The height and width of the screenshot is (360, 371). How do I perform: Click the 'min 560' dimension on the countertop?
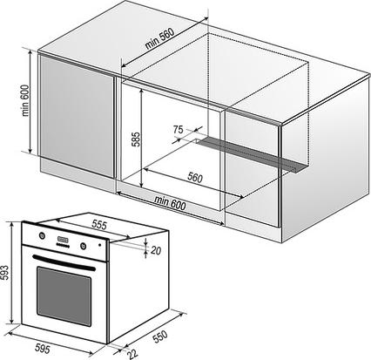(x=159, y=38)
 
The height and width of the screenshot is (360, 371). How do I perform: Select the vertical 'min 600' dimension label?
(x=25, y=100)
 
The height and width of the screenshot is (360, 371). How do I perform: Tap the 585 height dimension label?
(x=136, y=139)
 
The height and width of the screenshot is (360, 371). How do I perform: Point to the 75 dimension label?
(x=179, y=129)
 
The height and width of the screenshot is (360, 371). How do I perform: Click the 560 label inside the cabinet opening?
(x=195, y=177)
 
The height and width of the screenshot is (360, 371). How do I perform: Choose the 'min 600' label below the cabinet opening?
(x=170, y=203)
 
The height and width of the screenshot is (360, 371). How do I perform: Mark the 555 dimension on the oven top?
(x=99, y=224)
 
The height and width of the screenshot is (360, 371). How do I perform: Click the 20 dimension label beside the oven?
(x=156, y=250)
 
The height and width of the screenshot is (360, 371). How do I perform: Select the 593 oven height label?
(x=4, y=272)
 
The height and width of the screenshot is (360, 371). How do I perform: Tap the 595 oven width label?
(x=43, y=348)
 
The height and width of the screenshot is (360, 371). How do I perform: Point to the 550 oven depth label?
(x=160, y=336)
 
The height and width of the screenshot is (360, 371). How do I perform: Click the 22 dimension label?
(x=132, y=353)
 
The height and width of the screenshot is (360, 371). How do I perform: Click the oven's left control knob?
(x=42, y=235)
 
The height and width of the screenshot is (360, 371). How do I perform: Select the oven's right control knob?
(x=84, y=246)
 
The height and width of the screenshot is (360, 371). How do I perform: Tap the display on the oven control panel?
(x=63, y=240)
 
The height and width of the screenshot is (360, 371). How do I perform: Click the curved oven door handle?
(x=64, y=262)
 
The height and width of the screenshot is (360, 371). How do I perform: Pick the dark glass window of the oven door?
(x=64, y=296)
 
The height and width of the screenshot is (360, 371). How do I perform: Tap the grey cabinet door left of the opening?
(x=77, y=116)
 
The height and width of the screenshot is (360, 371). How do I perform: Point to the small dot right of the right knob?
(x=100, y=245)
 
